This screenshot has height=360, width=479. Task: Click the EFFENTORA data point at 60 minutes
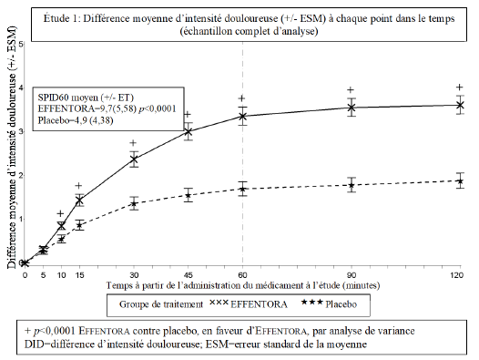click(x=242, y=116)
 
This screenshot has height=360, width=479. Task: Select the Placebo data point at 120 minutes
click(x=460, y=180)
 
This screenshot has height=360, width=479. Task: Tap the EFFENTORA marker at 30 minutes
click(x=134, y=159)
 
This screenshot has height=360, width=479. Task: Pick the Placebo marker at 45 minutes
click(x=188, y=195)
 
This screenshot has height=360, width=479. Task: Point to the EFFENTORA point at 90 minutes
click(x=351, y=108)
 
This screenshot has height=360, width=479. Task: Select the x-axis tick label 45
click(x=188, y=274)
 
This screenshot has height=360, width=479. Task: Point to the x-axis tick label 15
click(x=79, y=274)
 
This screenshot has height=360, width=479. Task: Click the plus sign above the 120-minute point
click(x=460, y=88)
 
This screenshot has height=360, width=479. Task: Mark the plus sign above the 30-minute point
click(x=134, y=143)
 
